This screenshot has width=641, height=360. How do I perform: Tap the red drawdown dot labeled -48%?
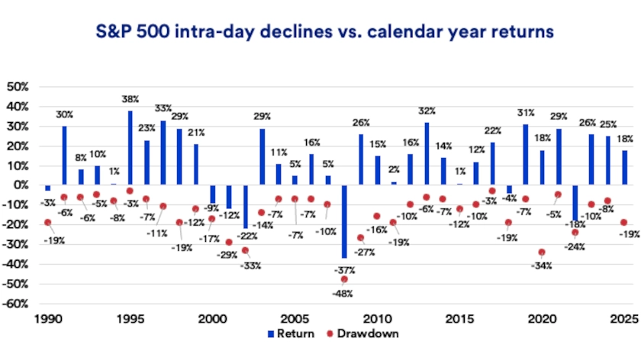[344, 279]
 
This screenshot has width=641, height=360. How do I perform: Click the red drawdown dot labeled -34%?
[542, 252]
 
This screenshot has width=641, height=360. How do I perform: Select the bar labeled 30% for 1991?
[64, 155]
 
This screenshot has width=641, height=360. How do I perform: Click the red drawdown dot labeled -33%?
[246, 250]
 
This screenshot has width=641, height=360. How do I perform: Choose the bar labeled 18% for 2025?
[624, 167]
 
